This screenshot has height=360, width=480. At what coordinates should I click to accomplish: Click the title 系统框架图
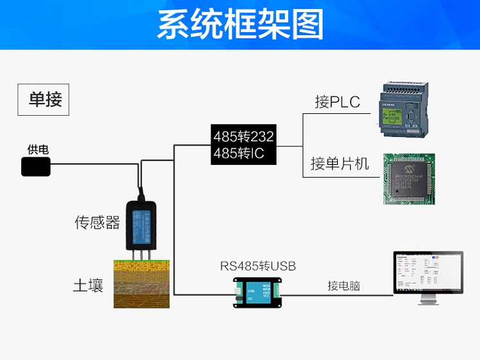pos(240,25)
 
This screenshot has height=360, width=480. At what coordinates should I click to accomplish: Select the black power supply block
pos(36,167)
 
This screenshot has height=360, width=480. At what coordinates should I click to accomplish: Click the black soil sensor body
pos(141,224)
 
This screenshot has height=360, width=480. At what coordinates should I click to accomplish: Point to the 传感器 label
pos(97,223)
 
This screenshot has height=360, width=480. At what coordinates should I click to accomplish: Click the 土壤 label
pos(88,285)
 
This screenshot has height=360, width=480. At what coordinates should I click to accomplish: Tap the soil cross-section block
pos(142,283)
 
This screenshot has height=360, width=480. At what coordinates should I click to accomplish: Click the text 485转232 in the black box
pos(243,136)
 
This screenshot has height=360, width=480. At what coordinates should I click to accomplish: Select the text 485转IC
pos(238,153)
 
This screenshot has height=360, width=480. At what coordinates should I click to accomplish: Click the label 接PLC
pos(337,102)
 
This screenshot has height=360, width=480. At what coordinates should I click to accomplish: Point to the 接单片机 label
pos(340,164)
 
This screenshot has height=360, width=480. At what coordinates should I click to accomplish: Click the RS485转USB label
pos(258,265)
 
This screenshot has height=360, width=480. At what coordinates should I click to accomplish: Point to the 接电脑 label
pos(344,286)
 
